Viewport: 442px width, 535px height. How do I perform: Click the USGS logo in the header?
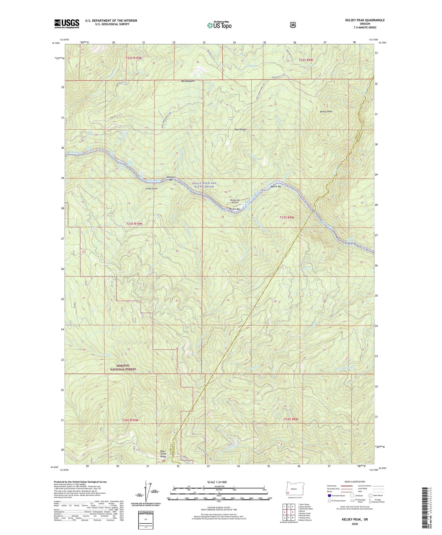(x=67, y=24)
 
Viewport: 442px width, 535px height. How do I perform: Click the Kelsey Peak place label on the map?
(x=326, y=112)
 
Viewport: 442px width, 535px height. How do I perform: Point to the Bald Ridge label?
(x=240, y=130)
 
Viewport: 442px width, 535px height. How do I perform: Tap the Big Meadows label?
(x=188, y=81)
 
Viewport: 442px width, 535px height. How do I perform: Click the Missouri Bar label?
(x=171, y=178)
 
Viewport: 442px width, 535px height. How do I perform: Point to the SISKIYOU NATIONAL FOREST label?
(x=122, y=368)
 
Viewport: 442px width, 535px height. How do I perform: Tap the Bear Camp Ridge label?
(x=163, y=454)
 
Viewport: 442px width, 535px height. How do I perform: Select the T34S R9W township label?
(x=289, y=419)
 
